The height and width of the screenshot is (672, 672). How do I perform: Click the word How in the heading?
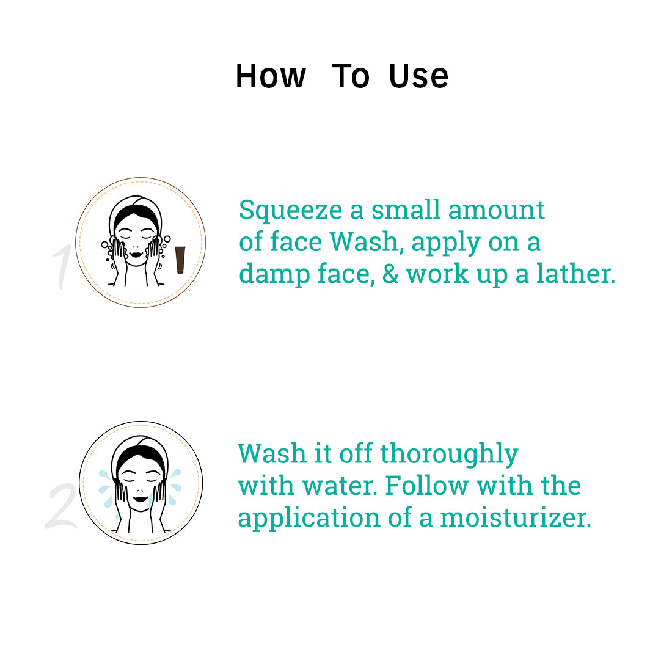tap(271, 76)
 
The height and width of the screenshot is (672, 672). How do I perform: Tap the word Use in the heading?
tap(418, 76)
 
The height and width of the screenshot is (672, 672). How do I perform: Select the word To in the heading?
tap(351, 76)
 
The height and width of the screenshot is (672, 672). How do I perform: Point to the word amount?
tap(496, 210)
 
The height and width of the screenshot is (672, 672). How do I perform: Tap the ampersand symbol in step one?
tap(390, 274)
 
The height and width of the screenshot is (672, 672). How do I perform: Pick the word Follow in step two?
tap(427, 486)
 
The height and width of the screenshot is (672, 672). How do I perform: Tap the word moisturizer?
tap(516, 517)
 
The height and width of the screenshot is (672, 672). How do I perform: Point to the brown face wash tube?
tap(180, 260)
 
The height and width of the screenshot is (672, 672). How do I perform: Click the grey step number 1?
tap(62, 266)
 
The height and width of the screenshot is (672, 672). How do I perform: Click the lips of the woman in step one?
tap(136, 254)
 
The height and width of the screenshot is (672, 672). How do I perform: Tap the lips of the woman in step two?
tap(140, 499)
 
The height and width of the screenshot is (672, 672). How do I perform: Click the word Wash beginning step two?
tap(272, 453)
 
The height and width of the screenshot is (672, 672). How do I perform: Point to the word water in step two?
tap(340, 486)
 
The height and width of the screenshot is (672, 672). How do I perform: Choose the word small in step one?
tap(406, 210)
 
